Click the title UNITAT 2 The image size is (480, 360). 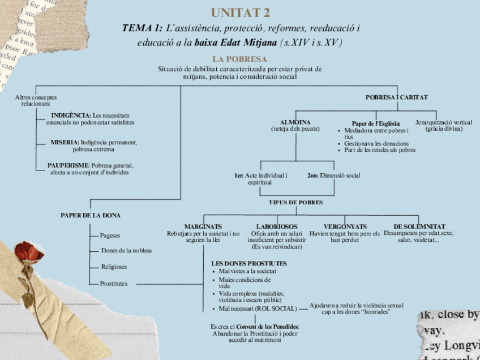[240, 12]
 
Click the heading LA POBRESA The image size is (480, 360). [239, 59]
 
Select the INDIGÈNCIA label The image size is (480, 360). [71, 115]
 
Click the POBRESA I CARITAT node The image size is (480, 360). [396, 97]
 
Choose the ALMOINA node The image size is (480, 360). [295, 122]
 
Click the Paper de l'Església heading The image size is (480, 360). [376, 123]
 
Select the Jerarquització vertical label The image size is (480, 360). [444, 122]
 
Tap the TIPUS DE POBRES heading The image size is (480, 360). [295, 202]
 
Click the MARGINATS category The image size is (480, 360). [203, 226]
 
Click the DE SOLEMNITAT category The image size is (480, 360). [419, 226]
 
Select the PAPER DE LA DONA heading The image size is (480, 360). [91, 215]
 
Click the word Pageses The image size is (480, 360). [110, 235]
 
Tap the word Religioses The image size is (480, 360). [114, 267]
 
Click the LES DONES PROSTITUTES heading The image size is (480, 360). [249, 264]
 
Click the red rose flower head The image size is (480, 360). [34, 258]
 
